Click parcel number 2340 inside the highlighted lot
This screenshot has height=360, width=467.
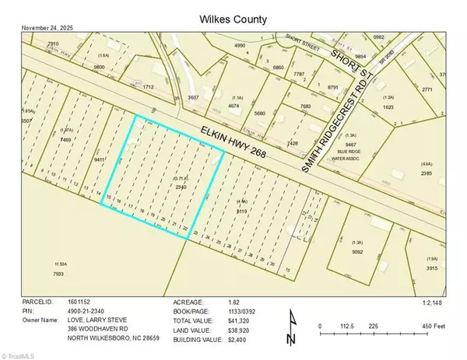181,187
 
